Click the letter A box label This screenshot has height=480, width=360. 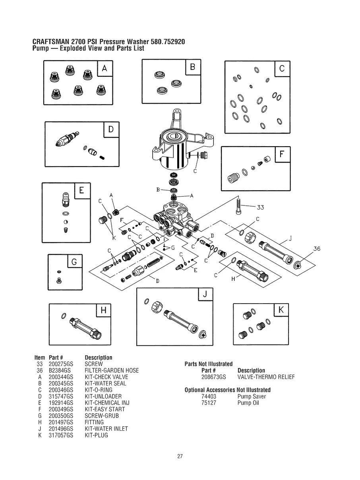[x=104, y=68]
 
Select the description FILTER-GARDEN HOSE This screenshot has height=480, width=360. [x=112, y=370]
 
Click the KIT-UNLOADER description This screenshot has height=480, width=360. [x=103, y=397]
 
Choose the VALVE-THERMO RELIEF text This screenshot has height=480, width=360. [x=266, y=377]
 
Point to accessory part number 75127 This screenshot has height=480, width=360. [x=209, y=403]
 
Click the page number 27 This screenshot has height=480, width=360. [x=180, y=457]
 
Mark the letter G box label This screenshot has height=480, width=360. [x=75, y=262]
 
